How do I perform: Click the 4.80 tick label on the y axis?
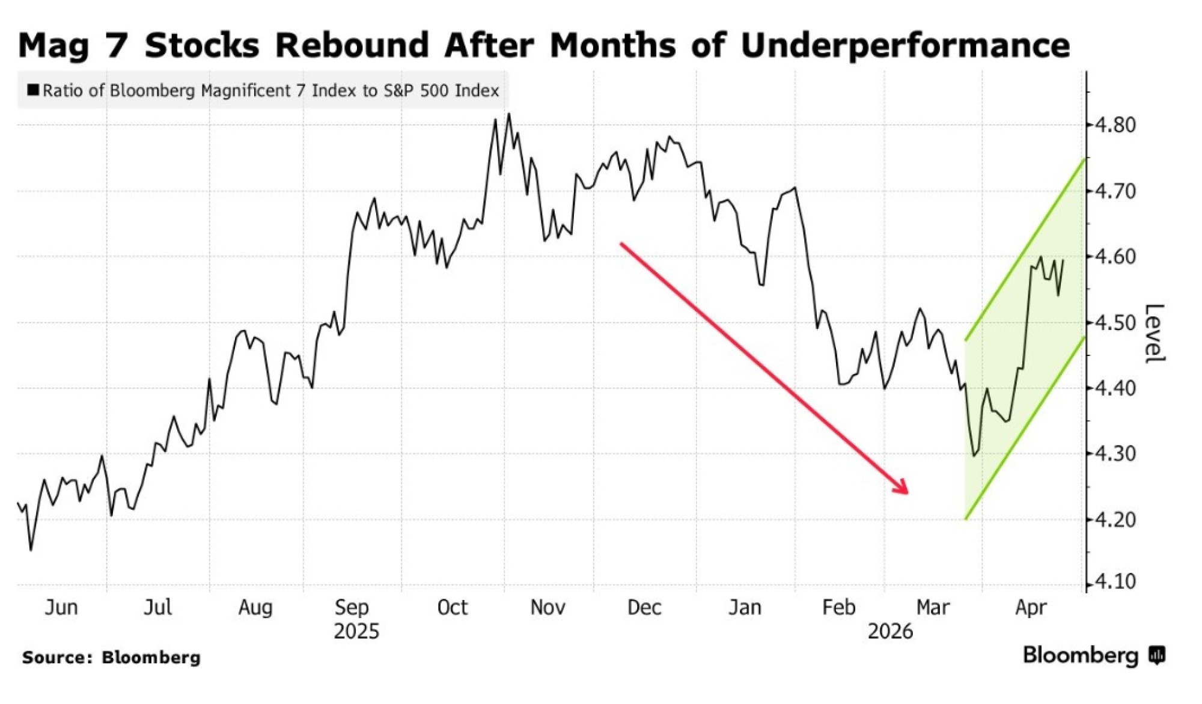[1115, 125]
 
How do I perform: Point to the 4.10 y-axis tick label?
[1115, 582]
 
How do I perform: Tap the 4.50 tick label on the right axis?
[1115, 323]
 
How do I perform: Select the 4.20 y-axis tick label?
[1115, 519]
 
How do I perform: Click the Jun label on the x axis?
[61, 607]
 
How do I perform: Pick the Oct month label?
[452, 607]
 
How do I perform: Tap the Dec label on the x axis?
[644, 607]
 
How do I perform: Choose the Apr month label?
[1031, 607]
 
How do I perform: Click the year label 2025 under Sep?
[356, 631]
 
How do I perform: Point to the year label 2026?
[890, 631]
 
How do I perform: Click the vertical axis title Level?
[1154, 333]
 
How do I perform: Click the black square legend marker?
[33, 90]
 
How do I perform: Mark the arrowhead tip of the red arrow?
[908, 493]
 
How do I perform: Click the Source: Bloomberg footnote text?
[111, 657]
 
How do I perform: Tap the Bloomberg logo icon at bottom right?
[1157, 655]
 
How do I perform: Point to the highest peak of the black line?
[509, 114]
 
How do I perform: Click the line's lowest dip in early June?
[31, 549]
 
